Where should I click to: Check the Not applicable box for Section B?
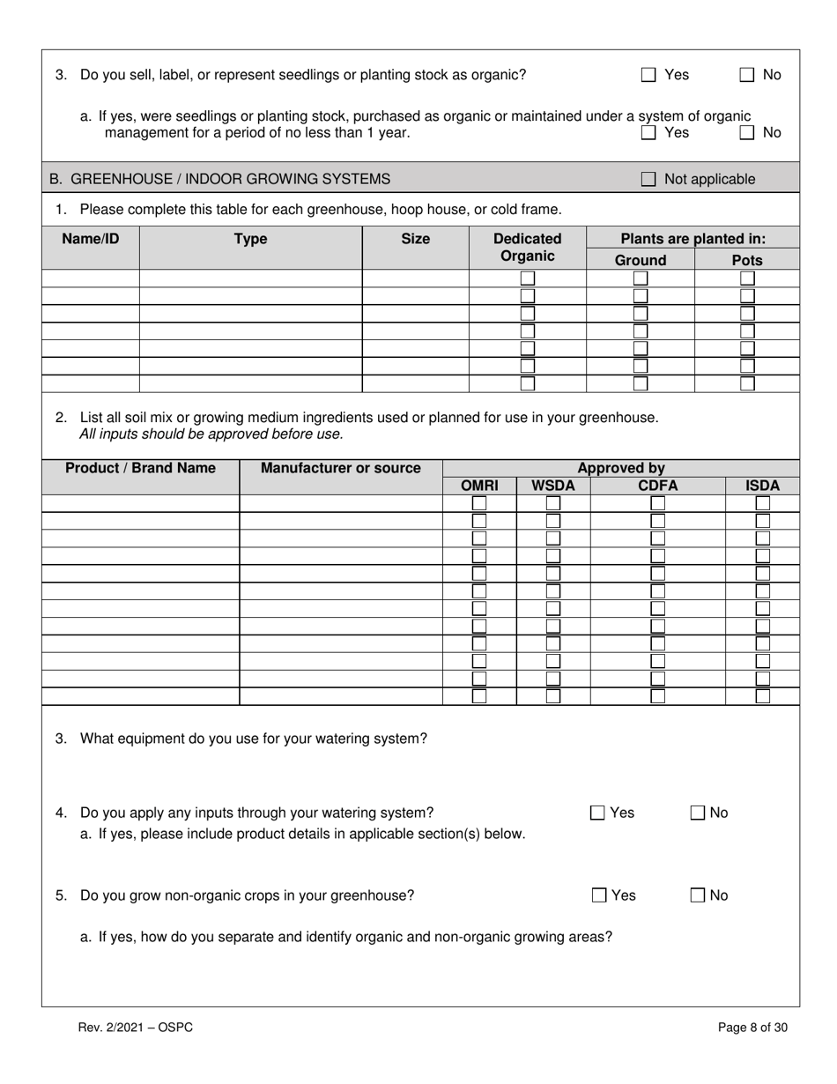click(x=648, y=180)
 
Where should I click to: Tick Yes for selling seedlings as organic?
click(x=648, y=75)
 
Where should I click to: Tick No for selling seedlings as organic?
click(x=747, y=75)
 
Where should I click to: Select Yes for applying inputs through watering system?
click(x=598, y=813)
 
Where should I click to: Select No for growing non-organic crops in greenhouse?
click(x=698, y=896)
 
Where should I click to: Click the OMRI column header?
click(x=479, y=486)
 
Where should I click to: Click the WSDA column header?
click(x=552, y=486)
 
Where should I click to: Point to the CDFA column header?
click(x=657, y=486)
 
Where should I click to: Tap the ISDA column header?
click(x=762, y=486)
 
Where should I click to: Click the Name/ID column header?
click(x=90, y=239)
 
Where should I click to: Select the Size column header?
click(x=415, y=239)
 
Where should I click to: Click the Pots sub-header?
click(x=747, y=260)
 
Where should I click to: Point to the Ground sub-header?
click(x=640, y=260)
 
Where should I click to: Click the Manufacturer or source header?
click(x=341, y=468)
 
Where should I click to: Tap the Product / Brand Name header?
click(x=140, y=468)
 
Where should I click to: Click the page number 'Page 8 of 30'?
click(x=752, y=1027)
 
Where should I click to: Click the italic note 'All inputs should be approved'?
click(x=211, y=434)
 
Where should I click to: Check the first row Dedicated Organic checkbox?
click(x=527, y=278)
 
